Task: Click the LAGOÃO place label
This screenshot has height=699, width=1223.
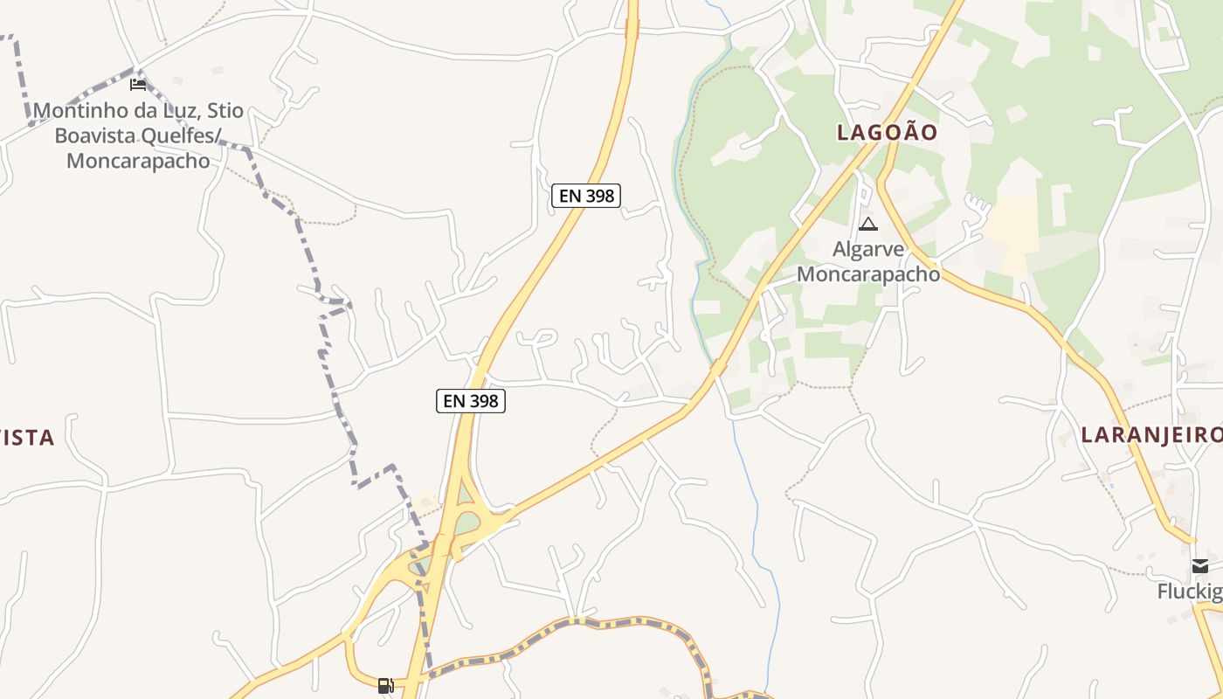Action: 887,133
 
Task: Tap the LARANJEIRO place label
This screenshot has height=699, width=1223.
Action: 1151,435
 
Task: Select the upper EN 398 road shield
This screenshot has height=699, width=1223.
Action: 586,196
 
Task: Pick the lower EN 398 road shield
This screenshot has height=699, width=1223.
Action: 471,401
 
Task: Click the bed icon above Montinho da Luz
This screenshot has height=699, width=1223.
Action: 138,85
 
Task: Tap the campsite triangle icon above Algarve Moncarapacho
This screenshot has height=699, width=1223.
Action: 867,225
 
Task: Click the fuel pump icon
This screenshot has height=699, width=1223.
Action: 385,686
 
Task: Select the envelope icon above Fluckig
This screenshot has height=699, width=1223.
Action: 1201,566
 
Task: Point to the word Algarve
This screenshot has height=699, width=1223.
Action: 868,249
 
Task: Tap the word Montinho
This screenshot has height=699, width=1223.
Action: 74,112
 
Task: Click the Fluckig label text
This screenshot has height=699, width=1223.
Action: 1190,592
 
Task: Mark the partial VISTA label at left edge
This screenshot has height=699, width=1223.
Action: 27,438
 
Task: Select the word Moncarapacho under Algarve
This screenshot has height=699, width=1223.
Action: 868,273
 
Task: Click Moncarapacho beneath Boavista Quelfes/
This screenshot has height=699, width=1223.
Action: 138,161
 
